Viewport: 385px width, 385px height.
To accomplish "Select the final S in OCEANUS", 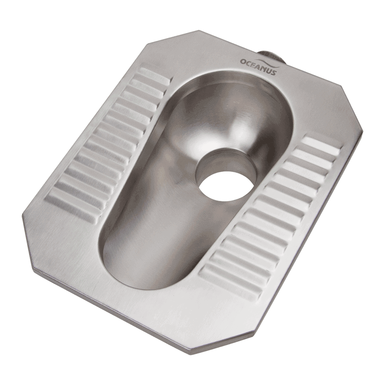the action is [x=275, y=72].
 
